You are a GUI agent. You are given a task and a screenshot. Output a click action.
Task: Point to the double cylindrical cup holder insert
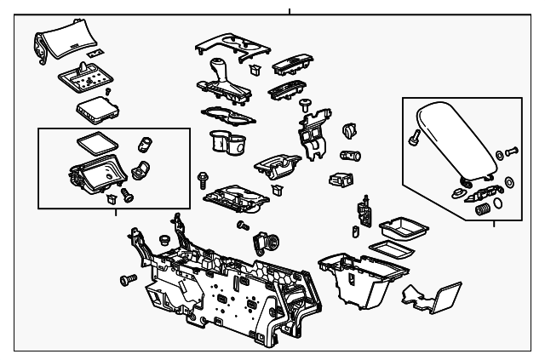[x=227, y=143]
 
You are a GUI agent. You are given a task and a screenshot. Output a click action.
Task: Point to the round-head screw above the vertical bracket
[x=304, y=103]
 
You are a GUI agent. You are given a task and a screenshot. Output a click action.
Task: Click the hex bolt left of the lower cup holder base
[x=203, y=179]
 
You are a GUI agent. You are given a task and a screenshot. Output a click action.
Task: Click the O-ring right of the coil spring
[x=508, y=181]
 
